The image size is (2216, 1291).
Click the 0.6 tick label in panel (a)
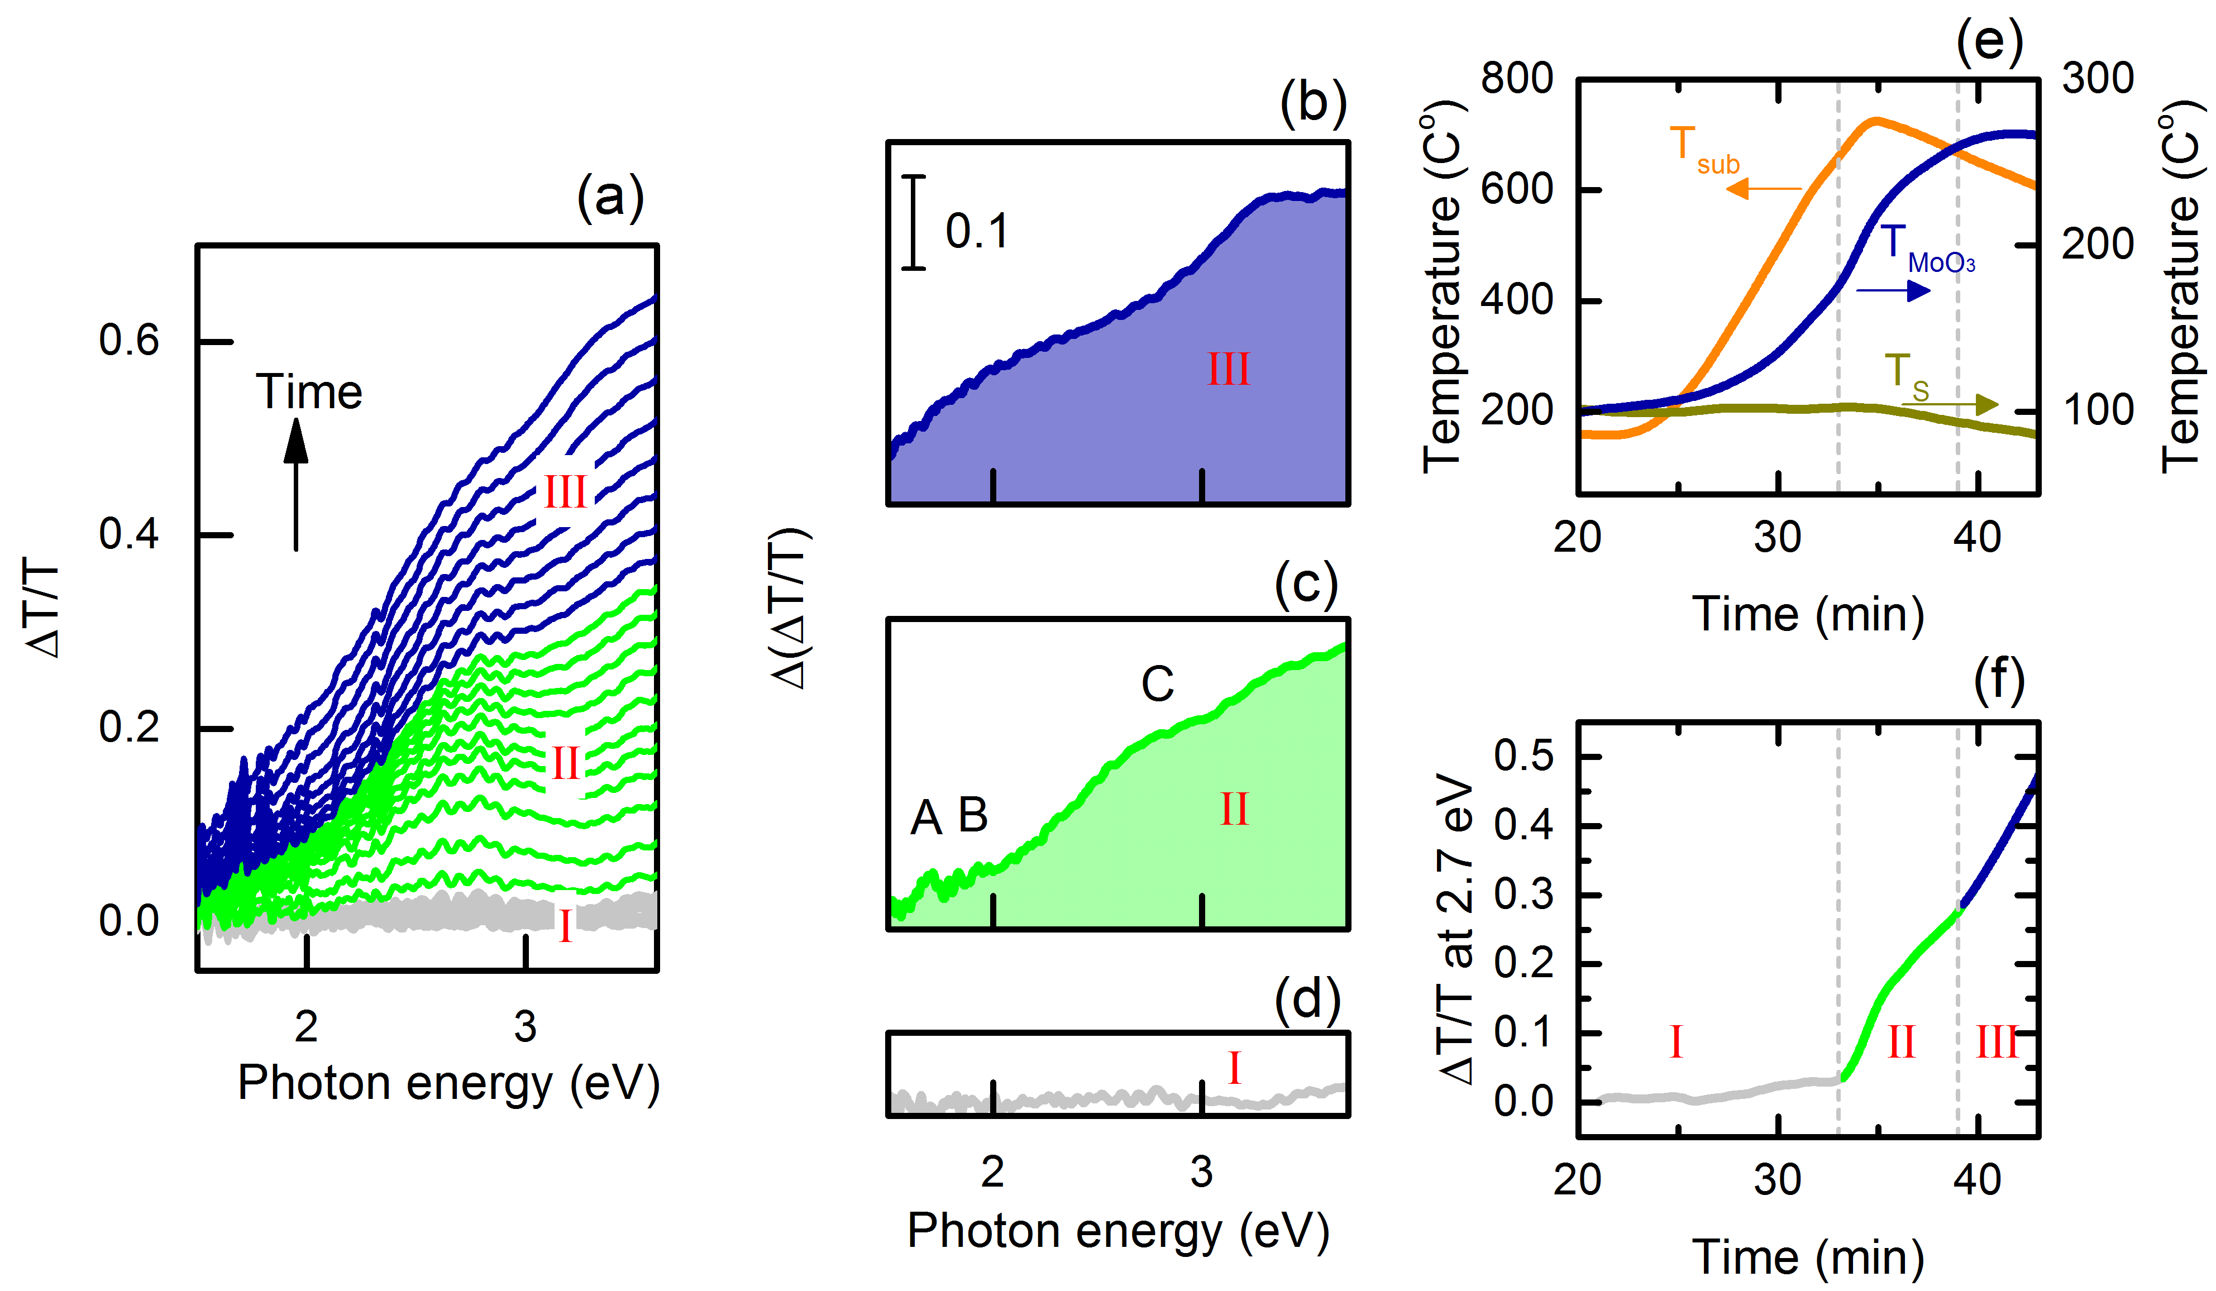128,340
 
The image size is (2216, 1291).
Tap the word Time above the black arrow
309,391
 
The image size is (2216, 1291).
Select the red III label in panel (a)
565,493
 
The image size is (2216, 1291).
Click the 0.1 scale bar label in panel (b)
976,231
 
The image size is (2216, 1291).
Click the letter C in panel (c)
1157,684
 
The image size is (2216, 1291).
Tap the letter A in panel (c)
926,818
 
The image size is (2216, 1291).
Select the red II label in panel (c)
1234,809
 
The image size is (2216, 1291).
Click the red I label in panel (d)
1234,1069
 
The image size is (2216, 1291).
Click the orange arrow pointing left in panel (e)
1763,188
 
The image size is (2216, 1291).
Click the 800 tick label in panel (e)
1516,79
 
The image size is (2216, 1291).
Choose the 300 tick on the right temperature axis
2097,79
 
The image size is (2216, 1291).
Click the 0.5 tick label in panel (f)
1524,756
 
